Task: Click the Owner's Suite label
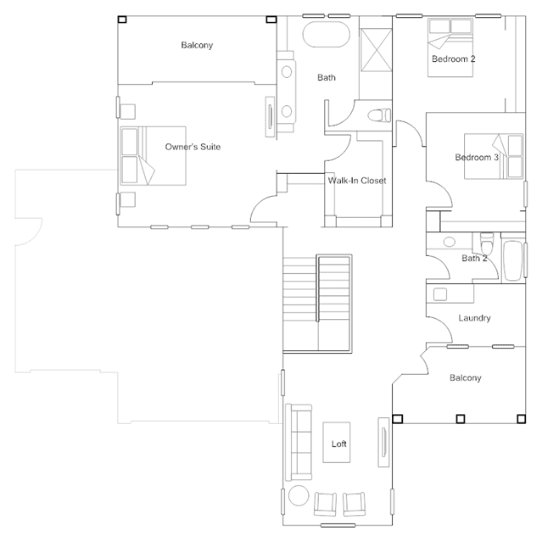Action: (193, 147)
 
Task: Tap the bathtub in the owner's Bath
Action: (326, 34)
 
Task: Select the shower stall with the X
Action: (376, 50)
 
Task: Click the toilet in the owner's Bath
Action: (379, 115)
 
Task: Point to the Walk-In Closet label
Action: (357, 181)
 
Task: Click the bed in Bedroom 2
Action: (450, 47)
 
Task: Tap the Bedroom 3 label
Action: (477, 158)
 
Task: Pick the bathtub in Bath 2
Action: (513, 260)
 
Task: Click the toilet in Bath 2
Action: (487, 243)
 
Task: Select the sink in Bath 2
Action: (449, 242)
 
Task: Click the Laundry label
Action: (474, 318)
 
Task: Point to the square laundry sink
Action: (440, 294)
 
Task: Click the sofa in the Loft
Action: (299, 443)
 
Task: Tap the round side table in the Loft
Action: (299, 495)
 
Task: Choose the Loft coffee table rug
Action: (337, 443)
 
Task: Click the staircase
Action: (317, 304)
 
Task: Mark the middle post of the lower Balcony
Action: (460, 419)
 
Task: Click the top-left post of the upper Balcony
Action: (122, 20)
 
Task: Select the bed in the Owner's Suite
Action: (154, 156)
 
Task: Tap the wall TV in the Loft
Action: (383, 443)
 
